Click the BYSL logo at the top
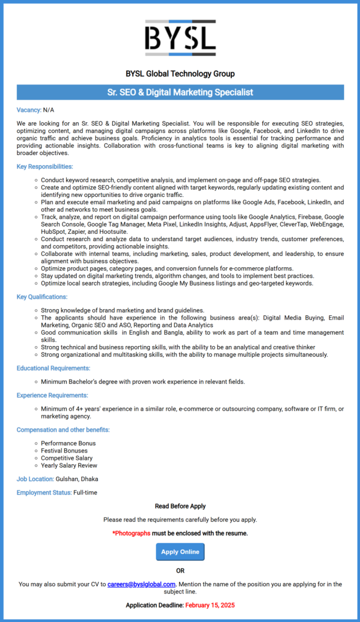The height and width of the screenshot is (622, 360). click(180, 38)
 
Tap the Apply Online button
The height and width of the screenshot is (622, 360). click(180, 552)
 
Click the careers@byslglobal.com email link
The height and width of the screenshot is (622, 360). click(141, 584)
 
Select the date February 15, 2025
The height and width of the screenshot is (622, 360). click(210, 605)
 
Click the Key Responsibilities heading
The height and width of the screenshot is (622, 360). click(45, 166)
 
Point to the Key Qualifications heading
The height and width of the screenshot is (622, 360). click(42, 297)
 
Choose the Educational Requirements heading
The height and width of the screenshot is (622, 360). click(53, 368)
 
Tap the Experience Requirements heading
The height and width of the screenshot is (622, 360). click(53, 395)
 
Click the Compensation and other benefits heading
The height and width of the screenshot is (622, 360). click(63, 430)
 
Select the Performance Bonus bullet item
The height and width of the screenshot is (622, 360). click(68, 443)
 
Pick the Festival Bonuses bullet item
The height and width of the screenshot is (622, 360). click(64, 451)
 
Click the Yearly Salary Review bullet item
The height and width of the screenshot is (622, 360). click(69, 465)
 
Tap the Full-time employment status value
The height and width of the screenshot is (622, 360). click(85, 493)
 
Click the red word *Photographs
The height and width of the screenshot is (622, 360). click(131, 533)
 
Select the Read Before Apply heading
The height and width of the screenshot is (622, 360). click(180, 506)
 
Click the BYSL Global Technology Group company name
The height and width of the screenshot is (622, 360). click(180, 74)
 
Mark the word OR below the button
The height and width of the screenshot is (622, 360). click(180, 570)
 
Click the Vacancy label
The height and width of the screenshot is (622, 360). click(29, 110)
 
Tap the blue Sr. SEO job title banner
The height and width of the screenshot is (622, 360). click(180, 92)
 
